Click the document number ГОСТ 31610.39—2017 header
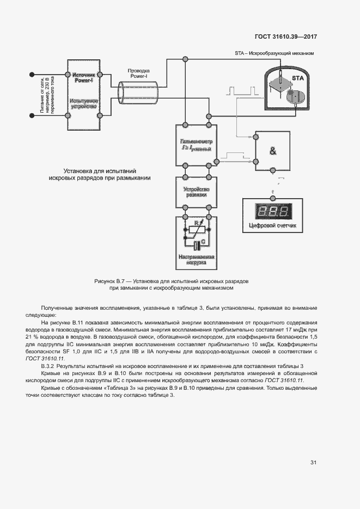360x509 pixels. point(285,37)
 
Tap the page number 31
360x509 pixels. point(313,463)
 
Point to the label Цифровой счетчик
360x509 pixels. point(273,225)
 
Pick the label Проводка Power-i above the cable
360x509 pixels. point(138,74)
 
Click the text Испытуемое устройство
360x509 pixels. point(84,105)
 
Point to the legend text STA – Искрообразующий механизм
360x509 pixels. point(274,53)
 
